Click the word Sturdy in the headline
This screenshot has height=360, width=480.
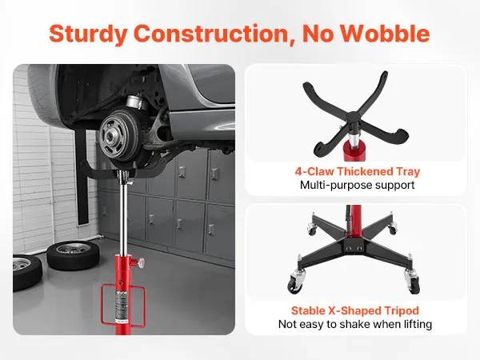(87, 34)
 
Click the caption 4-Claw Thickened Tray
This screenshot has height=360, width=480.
(358, 171)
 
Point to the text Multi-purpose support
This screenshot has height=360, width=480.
(358, 185)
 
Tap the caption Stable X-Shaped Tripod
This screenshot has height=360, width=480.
(355, 310)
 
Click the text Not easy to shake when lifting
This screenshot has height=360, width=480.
(355, 324)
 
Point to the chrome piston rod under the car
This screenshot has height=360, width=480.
(123, 214)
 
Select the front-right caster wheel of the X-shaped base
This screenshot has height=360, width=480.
(412, 281)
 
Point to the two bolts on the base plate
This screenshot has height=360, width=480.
(354, 247)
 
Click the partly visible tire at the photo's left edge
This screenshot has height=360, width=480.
(26, 273)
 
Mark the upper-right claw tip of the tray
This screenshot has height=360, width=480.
(385, 74)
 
